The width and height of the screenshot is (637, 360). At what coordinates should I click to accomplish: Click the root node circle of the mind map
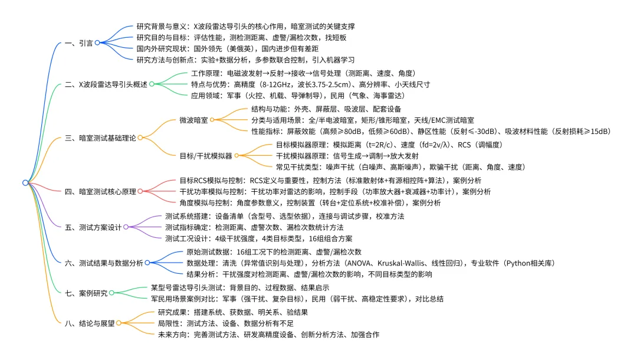(x=25, y=183)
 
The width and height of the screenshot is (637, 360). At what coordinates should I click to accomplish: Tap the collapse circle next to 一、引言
(x=97, y=42)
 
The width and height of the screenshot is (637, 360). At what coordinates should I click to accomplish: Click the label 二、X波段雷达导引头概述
(x=113, y=84)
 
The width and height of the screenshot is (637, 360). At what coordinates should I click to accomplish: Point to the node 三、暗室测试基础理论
(x=107, y=138)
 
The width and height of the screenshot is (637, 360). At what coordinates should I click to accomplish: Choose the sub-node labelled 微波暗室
(x=193, y=120)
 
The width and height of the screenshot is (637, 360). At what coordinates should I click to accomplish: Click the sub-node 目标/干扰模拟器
(x=206, y=156)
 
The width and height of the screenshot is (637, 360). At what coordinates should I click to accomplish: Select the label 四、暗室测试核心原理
(x=107, y=192)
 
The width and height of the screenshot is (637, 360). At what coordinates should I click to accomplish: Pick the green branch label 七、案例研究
(x=87, y=293)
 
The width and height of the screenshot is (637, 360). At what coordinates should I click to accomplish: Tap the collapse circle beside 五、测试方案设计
(x=126, y=227)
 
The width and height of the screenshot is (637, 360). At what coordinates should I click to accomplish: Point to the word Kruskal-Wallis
(x=400, y=263)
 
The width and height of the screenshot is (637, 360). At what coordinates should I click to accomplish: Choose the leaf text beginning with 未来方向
(x=268, y=334)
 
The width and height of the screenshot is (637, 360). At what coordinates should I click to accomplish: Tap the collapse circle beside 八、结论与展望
(x=119, y=323)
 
